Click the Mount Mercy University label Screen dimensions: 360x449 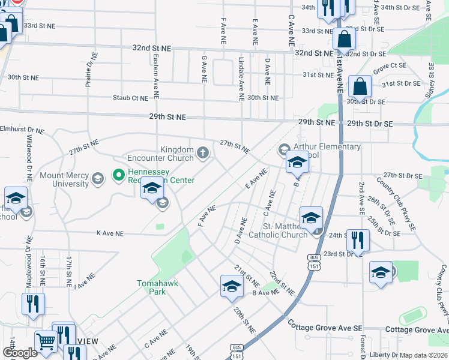point(64,179)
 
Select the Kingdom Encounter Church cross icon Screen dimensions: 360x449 point(203,154)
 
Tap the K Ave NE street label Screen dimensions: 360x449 point(110,233)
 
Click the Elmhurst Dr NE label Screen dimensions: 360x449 point(22,129)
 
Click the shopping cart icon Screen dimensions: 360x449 point(46,342)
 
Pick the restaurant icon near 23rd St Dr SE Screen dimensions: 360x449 point(358,241)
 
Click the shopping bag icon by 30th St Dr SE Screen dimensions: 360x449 point(360,88)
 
